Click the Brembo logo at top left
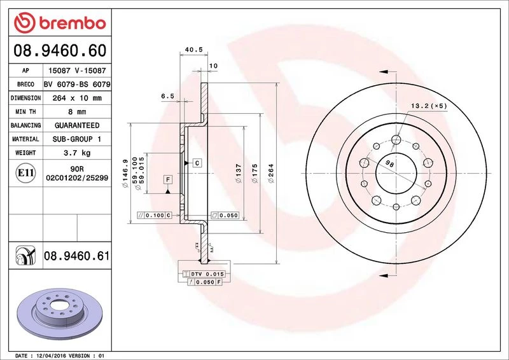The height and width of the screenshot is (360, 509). [x=60, y=23]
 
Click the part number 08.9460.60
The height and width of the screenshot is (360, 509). [x=60, y=51]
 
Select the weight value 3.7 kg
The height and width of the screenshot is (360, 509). [x=77, y=153]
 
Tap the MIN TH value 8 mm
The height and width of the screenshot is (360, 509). [x=77, y=112]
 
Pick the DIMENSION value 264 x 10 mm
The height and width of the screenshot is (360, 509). [x=77, y=98]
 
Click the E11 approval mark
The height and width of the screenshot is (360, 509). [x=25, y=173]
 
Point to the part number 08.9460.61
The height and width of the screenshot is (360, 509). [x=76, y=256]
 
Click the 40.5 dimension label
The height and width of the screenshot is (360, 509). [x=194, y=50]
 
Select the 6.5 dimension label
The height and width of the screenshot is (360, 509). [x=167, y=96]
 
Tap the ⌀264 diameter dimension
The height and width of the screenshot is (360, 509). [x=271, y=173]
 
